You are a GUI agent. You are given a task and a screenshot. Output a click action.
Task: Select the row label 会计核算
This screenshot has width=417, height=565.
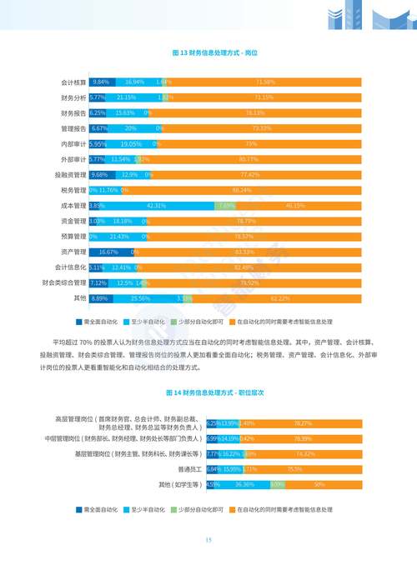73,82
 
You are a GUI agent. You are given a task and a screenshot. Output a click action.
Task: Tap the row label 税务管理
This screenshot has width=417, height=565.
73,190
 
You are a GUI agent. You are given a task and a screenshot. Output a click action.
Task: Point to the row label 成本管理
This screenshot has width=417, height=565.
73,205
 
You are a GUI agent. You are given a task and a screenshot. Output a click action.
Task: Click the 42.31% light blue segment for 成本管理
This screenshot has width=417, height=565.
155,205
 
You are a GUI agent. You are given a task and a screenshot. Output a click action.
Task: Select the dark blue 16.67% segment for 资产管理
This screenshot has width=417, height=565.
111,252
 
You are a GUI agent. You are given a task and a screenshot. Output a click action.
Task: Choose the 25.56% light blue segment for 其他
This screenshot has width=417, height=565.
140,297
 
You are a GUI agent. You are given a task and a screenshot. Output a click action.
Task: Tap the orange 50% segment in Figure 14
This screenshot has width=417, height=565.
319,484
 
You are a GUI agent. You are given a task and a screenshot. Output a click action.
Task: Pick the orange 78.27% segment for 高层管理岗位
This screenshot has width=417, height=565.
303,423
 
